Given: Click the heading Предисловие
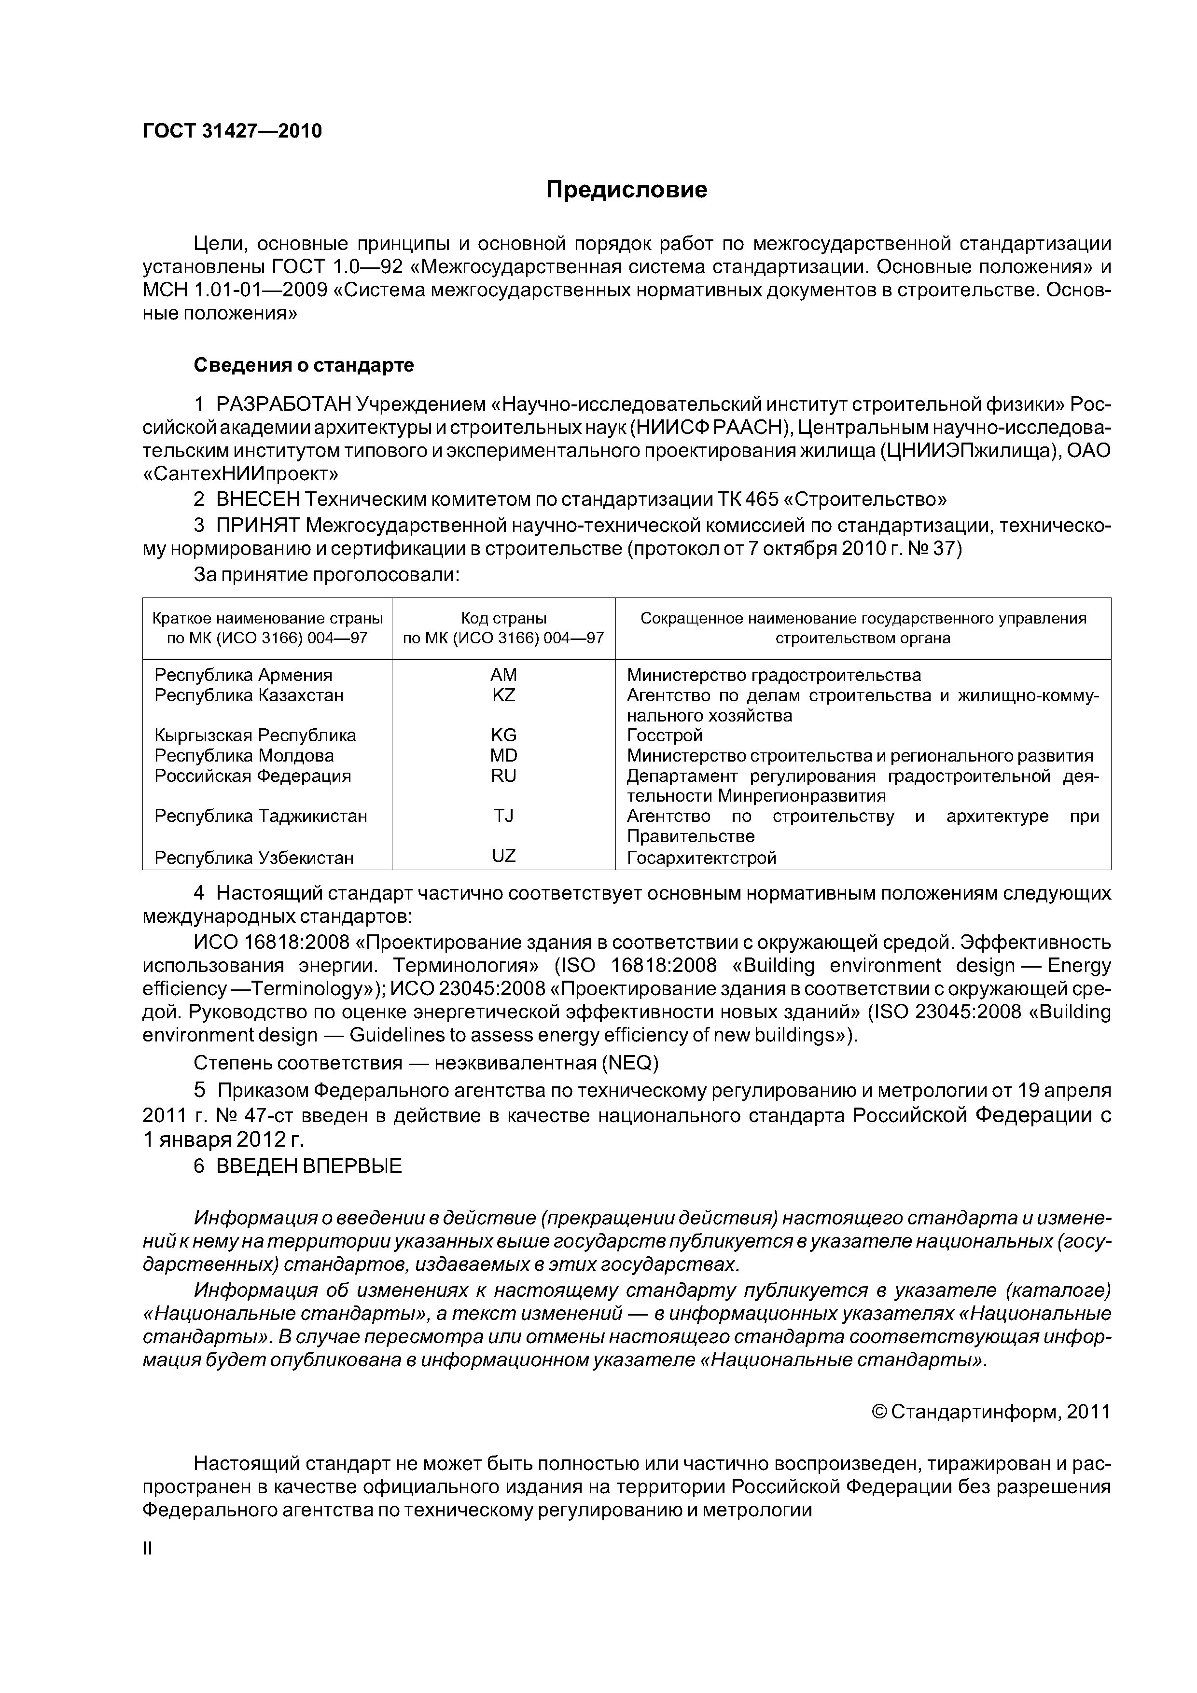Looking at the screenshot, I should point(626,190).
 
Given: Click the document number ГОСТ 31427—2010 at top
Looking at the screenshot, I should point(232,131).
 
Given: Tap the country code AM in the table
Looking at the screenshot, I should point(504,675).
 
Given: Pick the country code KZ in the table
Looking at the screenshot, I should point(504,694).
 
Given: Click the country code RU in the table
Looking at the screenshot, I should point(504,776).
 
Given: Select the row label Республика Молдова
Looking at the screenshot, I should point(244,756).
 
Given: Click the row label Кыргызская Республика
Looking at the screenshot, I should point(255,735).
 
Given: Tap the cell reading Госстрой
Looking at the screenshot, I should point(665,735).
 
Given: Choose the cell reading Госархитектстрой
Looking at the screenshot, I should point(701,858).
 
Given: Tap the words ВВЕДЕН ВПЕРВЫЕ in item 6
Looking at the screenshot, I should point(309,1166).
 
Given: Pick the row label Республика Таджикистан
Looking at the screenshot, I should point(261,816).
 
